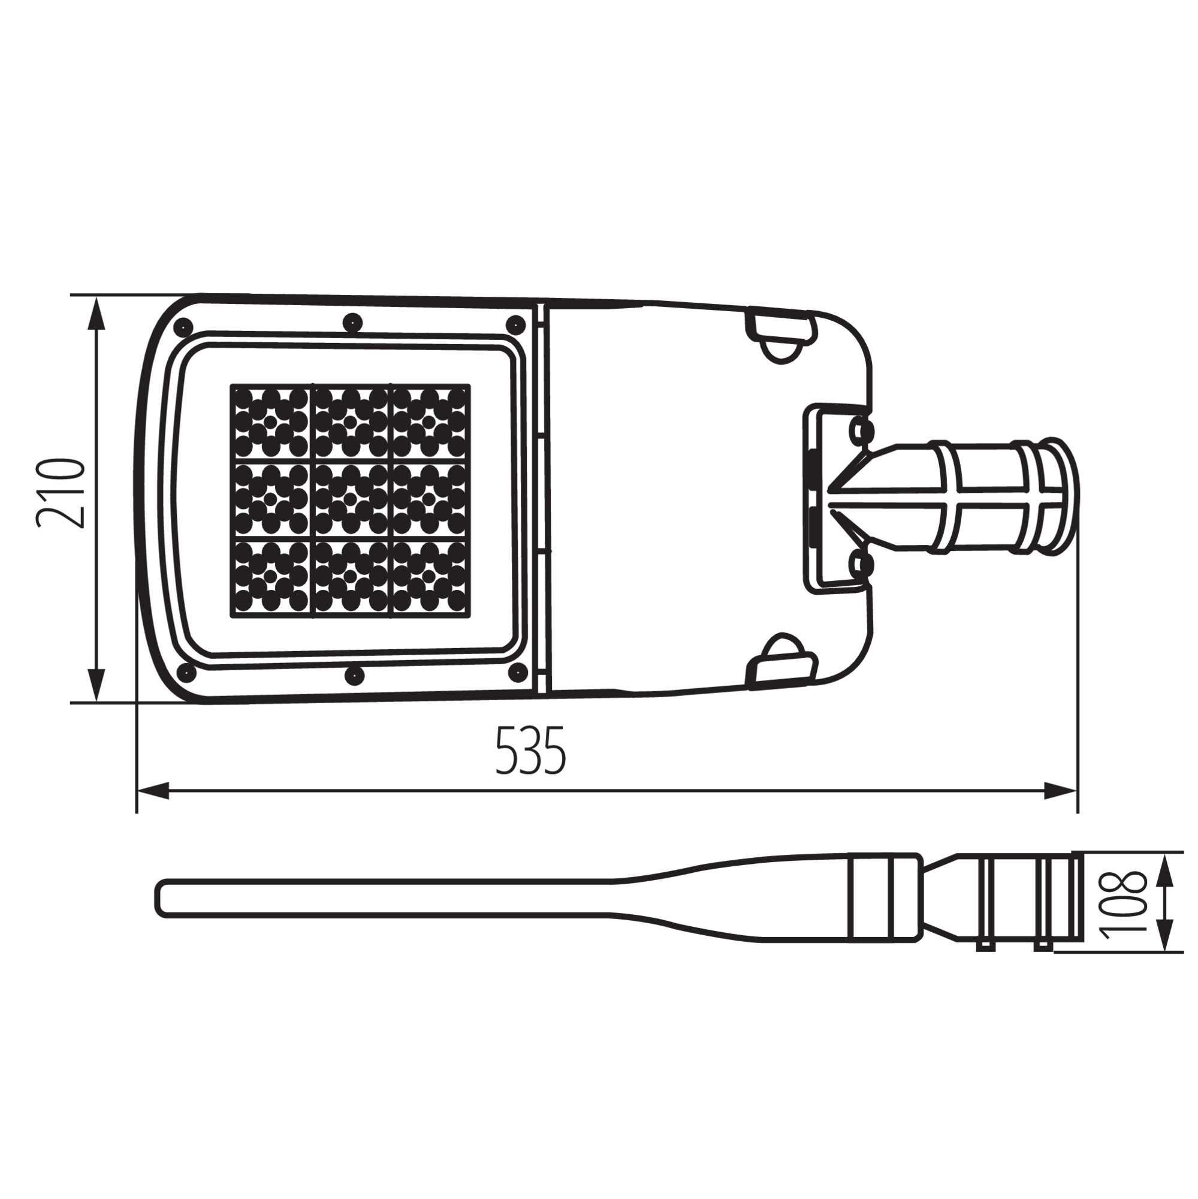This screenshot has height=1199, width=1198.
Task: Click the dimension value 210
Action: (60, 493)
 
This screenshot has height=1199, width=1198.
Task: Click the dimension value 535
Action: (530, 751)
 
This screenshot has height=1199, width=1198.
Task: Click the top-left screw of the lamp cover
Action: (183, 325)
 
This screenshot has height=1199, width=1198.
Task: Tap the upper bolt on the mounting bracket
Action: (861, 429)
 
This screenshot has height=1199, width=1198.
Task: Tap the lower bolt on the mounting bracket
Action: (861, 564)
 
